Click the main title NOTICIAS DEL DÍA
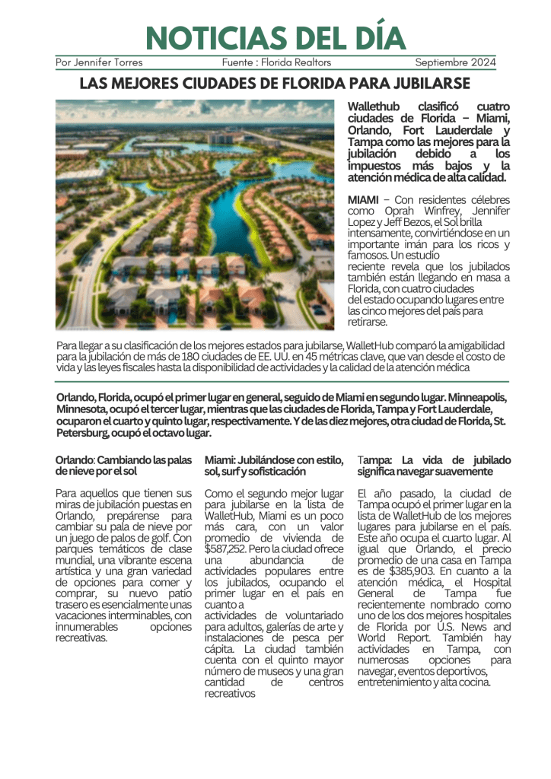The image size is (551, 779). tap(275, 38)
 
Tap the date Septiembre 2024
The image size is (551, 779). tap(455, 62)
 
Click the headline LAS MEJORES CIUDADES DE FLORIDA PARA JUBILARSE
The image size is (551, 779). tap(275, 83)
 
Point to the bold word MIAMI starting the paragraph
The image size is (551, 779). tap(363, 199)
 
